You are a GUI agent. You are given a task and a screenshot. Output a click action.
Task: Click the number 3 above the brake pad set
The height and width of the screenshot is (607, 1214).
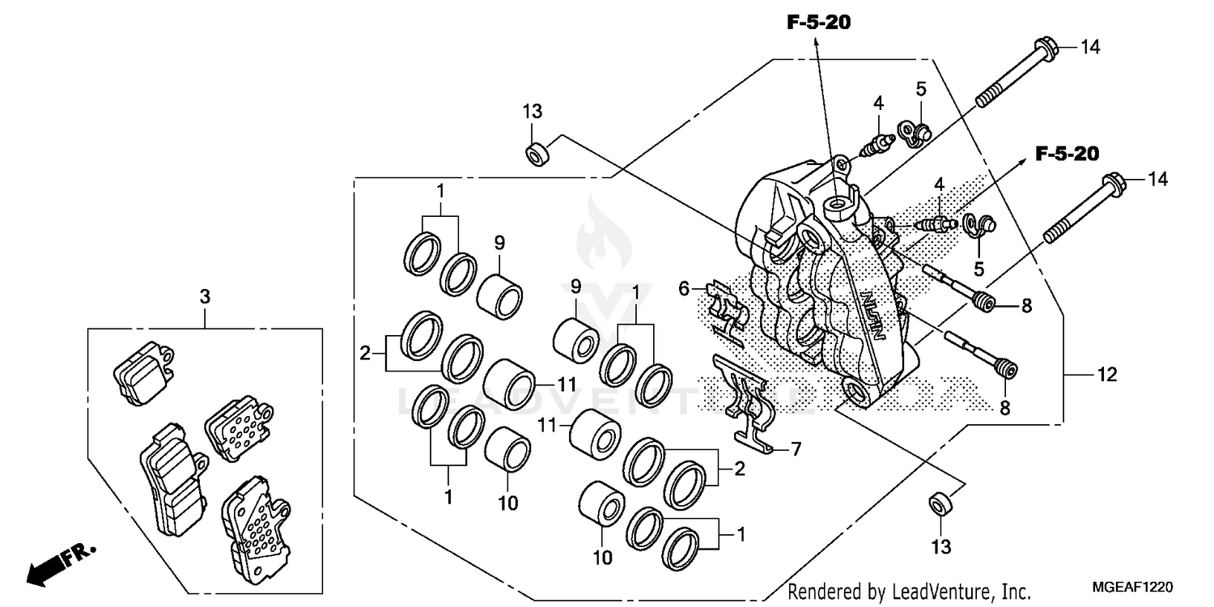(x=206, y=297)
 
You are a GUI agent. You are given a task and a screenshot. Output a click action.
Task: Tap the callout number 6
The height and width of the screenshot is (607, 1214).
(x=684, y=287)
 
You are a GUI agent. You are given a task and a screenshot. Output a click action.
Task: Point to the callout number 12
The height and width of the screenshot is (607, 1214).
(x=1106, y=374)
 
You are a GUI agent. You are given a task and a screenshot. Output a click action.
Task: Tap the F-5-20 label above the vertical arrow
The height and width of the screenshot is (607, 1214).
(x=818, y=23)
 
